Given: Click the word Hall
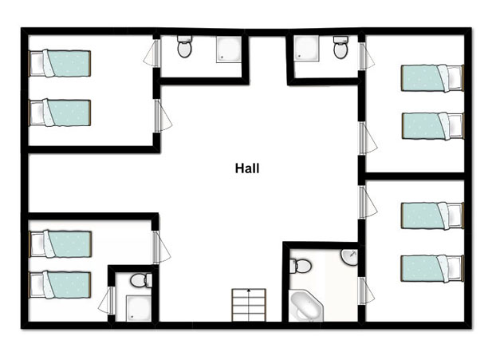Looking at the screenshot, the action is tap(247, 168).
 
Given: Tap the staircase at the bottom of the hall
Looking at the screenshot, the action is tap(249, 305).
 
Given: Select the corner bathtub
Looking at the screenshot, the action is tap(306, 306).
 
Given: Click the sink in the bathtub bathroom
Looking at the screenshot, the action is tap(349, 257).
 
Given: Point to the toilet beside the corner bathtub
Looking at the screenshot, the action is tap(301, 266).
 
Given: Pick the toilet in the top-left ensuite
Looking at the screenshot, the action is tap(184, 46).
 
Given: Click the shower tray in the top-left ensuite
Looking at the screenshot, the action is tap(229, 49).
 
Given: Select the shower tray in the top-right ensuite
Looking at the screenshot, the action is tap(306, 47).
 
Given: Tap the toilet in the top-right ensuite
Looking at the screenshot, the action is tap(341, 47).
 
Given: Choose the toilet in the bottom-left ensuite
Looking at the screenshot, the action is tap(141, 280).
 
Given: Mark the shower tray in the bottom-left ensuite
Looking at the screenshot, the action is tap(139, 308).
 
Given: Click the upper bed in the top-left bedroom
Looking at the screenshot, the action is tap(60, 63).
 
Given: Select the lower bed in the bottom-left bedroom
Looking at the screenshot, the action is tap(60, 285).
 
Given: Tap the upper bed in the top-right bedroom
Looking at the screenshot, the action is tap(432, 78).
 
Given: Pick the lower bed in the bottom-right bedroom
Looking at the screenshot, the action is tap(432, 268).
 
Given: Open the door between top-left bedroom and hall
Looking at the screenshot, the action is tap(163, 116).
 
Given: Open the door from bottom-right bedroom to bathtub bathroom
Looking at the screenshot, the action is tap(366, 291).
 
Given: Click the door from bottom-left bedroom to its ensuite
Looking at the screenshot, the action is tap(106, 300).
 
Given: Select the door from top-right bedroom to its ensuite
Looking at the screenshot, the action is tap(366, 56).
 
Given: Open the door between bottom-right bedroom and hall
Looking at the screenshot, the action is tap(368, 202).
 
